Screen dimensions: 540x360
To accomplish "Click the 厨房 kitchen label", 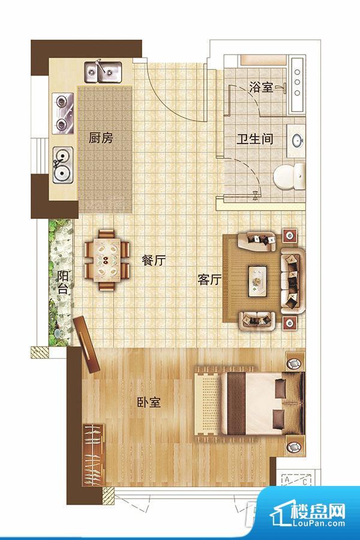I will point(101,137).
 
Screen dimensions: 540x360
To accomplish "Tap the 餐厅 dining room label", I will point(154,260).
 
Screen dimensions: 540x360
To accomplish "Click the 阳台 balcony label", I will point(62,283).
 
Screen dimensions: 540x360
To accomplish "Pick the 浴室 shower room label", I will point(260,88).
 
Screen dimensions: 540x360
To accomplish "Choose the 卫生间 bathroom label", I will point(254,139).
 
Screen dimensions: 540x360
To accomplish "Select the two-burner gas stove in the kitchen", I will point(62,113).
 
